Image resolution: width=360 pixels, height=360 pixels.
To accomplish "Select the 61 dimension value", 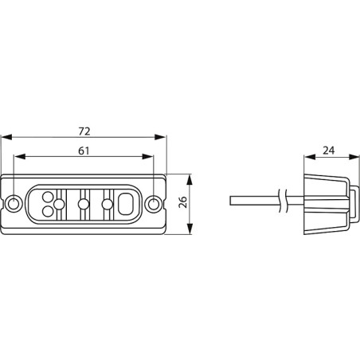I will click(84, 149).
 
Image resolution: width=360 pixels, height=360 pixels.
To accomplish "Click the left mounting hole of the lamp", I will click(16, 204).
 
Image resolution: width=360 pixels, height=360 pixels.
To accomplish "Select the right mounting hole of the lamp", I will click(155, 204).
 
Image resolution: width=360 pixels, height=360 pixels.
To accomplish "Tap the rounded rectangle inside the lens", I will click(126, 204).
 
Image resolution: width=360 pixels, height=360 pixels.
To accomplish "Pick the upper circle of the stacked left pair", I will click(48, 196).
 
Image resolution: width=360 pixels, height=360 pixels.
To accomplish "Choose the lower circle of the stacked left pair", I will click(48, 211).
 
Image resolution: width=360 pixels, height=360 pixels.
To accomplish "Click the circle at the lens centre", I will click(84, 204).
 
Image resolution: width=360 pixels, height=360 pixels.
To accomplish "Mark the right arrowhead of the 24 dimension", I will click(352, 158).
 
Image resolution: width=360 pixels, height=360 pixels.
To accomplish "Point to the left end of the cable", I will click(231, 199).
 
